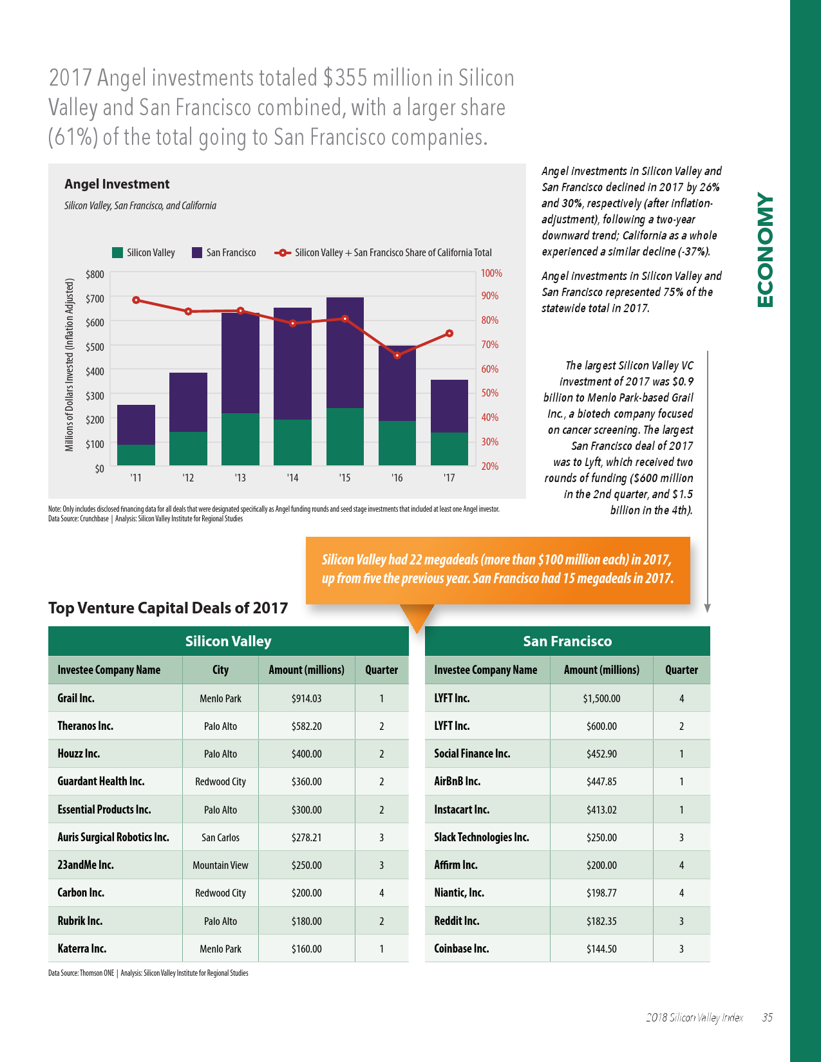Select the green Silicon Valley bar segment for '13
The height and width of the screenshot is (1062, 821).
pyautogui.click(x=240, y=439)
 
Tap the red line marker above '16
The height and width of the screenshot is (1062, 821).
pyautogui.click(x=397, y=355)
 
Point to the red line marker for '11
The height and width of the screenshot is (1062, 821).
pyautogui.click(x=136, y=300)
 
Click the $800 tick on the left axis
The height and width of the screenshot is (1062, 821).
pyautogui.click(x=95, y=274)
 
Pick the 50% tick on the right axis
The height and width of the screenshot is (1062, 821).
pyautogui.click(x=489, y=393)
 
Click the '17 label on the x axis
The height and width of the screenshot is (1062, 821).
pyautogui.click(x=449, y=478)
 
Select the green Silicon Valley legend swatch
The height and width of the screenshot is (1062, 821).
pyautogui.click(x=117, y=252)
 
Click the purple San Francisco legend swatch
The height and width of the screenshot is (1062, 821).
pyautogui.click(x=197, y=252)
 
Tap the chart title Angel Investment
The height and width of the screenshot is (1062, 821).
pyautogui.click(x=117, y=184)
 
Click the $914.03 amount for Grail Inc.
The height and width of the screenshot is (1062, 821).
pyautogui.click(x=307, y=698)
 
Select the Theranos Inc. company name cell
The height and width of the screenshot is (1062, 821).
pyautogui.click(x=86, y=726)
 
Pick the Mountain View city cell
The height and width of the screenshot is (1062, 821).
pyautogui.click(x=220, y=865)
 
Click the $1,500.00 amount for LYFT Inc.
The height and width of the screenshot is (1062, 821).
pyautogui.click(x=601, y=698)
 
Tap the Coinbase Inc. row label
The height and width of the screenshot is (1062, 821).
pyautogui.click(x=461, y=949)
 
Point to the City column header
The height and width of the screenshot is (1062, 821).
pyautogui.click(x=220, y=670)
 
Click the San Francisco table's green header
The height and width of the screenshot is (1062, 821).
pyautogui.click(x=567, y=641)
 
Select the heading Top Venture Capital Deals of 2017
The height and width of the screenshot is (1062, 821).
pyautogui.click(x=168, y=608)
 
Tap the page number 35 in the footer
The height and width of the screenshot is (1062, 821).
pyautogui.click(x=767, y=1018)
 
